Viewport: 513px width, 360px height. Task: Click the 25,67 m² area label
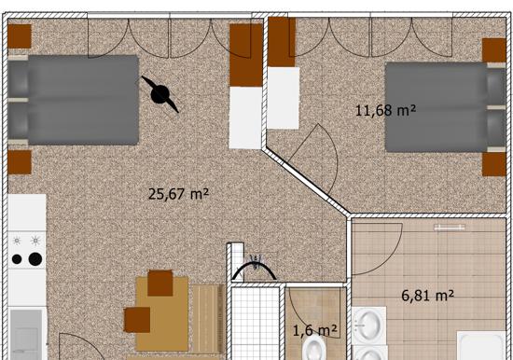[x=178, y=194]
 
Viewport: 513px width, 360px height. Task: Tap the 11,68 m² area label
[x=385, y=110]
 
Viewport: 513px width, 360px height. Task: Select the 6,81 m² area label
[x=427, y=296]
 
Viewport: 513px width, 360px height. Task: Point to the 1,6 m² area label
[x=314, y=330]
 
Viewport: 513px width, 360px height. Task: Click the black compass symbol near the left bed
[x=160, y=94]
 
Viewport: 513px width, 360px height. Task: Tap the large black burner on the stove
[x=35, y=259]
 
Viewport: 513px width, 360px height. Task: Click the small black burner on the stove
[x=17, y=259]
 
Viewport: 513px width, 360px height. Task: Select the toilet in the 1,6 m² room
[x=314, y=349]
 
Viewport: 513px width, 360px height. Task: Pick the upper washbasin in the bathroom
[x=369, y=325]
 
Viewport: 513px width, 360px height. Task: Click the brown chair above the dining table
[x=160, y=284]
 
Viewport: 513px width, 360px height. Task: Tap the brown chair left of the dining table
[x=137, y=320]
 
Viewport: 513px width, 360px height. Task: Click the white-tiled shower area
[x=256, y=324]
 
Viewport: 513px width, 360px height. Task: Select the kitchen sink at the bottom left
[x=26, y=334]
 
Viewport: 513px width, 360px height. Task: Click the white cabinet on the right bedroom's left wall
[x=284, y=98]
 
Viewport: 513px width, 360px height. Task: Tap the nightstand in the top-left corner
[x=20, y=36]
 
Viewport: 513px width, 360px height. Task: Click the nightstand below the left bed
[x=20, y=162]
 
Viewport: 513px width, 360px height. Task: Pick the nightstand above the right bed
[x=494, y=50]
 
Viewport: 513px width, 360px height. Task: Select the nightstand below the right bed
[x=494, y=164]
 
